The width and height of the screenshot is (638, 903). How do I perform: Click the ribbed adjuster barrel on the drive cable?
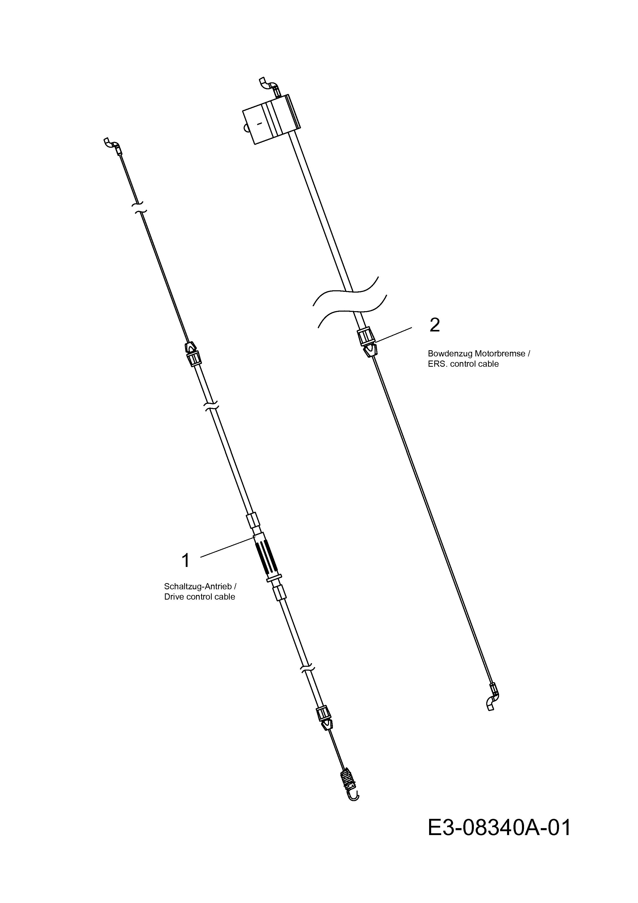point(267,556)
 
